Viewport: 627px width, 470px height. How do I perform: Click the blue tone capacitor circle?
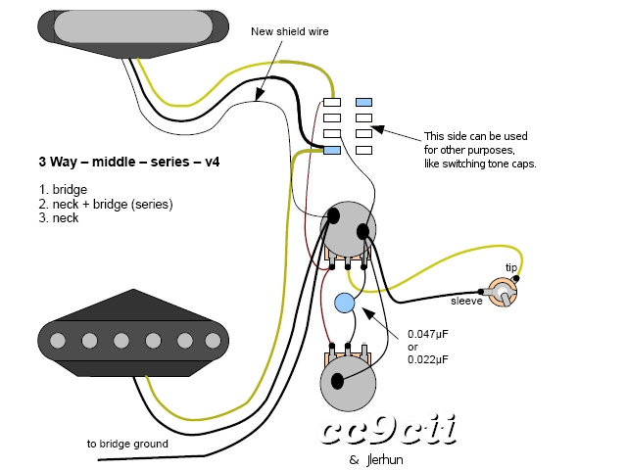pos(344,303)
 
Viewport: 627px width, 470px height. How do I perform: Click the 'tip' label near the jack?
pos(511,267)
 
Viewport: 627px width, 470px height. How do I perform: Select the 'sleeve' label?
pos(466,301)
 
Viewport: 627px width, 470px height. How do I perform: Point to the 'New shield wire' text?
pos(290,31)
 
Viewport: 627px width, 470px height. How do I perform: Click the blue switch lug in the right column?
pos(363,102)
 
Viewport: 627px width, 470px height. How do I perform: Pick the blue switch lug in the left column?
pos(332,150)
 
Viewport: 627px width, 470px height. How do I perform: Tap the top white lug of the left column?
pos(332,102)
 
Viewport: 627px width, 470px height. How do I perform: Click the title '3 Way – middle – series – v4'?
pos(129,162)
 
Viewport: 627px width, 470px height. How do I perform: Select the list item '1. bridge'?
pos(63,189)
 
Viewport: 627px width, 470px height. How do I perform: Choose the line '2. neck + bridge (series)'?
pos(106,205)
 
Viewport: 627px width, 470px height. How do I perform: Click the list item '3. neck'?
pos(59,218)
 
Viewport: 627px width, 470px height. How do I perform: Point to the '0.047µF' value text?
pos(428,334)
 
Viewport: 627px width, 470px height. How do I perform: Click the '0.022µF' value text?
pos(428,359)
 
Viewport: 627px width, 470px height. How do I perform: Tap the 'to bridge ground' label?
pos(127,444)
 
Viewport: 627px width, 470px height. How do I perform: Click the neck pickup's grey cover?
pos(133,26)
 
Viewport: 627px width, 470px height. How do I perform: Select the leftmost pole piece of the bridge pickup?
pos(58,341)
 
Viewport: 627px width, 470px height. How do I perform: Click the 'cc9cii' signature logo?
pos(387,429)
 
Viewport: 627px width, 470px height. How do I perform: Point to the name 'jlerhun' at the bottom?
pos(385,460)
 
